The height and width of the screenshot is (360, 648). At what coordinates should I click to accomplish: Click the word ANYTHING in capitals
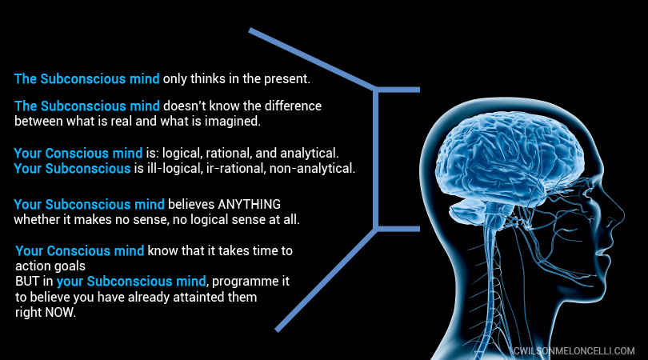(249, 204)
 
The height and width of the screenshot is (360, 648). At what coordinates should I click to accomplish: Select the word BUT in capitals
(27, 282)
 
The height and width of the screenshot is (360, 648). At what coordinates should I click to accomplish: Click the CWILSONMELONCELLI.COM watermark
(574, 351)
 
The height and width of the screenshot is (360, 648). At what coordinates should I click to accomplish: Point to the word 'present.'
(287, 79)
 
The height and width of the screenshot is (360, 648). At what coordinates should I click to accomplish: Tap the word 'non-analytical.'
(312, 169)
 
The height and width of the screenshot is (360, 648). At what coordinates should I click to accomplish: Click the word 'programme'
(245, 282)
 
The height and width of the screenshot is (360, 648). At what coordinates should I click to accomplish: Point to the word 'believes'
(191, 204)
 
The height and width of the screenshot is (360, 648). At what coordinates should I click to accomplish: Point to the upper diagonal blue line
(313, 59)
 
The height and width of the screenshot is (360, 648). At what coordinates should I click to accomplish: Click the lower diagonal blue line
(326, 279)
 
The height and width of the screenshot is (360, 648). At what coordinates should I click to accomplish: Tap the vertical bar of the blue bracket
(376, 159)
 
